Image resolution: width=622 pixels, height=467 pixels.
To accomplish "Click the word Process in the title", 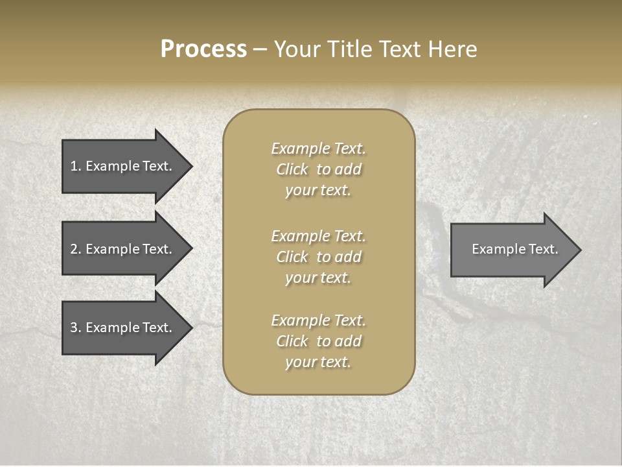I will click(x=203, y=49).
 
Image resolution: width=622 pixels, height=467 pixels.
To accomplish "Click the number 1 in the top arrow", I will click(x=74, y=166).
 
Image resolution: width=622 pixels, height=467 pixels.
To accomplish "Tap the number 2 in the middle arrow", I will click(x=74, y=249).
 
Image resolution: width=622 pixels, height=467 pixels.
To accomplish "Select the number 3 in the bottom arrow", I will click(x=74, y=328).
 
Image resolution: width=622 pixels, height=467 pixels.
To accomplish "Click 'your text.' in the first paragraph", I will click(x=318, y=191).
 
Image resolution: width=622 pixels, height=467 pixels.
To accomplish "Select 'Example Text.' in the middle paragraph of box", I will click(x=318, y=236).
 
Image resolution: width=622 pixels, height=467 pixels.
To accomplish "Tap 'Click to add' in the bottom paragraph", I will click(x=318, y=341).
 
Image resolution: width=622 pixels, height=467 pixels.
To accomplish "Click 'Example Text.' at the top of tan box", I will click(x=318, y=149).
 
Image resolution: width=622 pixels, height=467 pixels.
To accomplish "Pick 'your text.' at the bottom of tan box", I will click(x=318, y=362).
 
